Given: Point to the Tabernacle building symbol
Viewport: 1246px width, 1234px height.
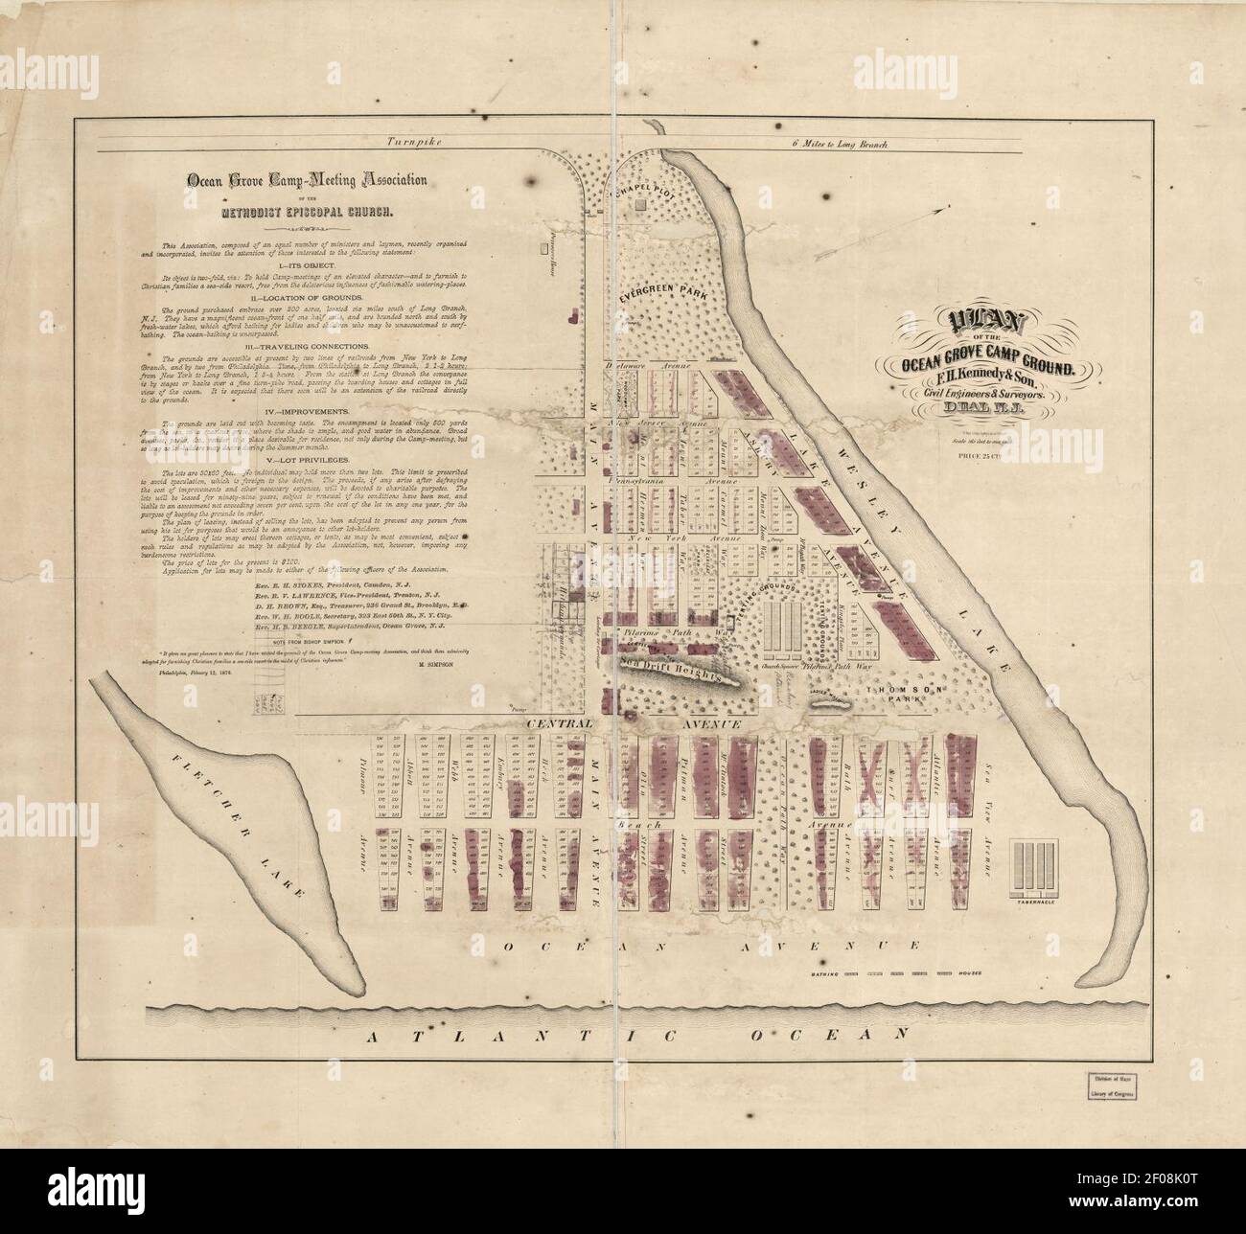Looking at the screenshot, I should coord(1034,866).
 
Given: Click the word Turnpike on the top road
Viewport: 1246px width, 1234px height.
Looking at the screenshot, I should coord(411,142).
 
